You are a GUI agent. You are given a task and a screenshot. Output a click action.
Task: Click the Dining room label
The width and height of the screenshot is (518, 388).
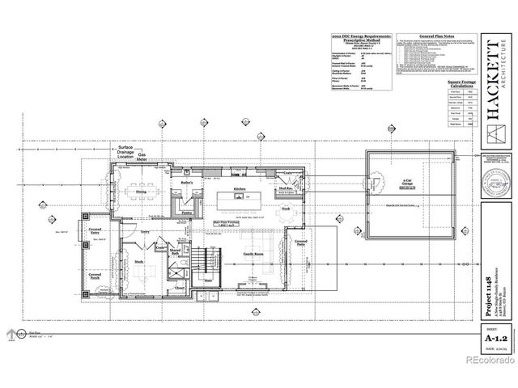[141, 191]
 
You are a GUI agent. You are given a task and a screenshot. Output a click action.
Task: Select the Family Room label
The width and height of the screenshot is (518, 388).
[256, 253]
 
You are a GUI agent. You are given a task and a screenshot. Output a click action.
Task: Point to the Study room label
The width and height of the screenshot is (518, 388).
[139, 261]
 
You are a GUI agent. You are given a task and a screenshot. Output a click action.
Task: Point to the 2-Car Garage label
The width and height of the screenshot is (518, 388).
[393, 185]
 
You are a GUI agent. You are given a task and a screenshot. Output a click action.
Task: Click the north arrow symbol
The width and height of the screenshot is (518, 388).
[11, 333]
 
